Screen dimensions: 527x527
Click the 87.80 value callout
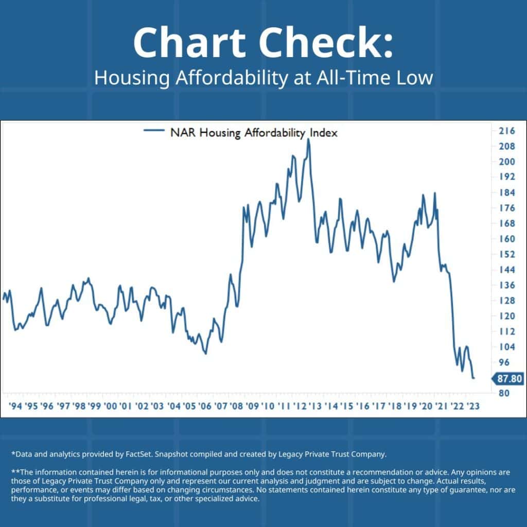(x=510, y=379)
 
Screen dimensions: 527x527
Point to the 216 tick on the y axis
(x=506, y=131)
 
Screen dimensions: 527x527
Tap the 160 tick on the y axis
(x=506, y=239)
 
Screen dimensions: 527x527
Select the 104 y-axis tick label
(x=506, y=347)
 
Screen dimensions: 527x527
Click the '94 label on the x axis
(x=15, y=406)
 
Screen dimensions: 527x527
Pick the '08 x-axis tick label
(x=236, y=406)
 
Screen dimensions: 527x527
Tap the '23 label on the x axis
(x=472, y=406)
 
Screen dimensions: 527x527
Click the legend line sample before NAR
(x=154, y=132)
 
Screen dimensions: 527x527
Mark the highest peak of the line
(x=308, y=139)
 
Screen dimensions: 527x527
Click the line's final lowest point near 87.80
(x=473, y=378)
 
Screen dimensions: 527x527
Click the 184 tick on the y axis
(x=506, y=192)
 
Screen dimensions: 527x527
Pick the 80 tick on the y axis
(x=503, y=393)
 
